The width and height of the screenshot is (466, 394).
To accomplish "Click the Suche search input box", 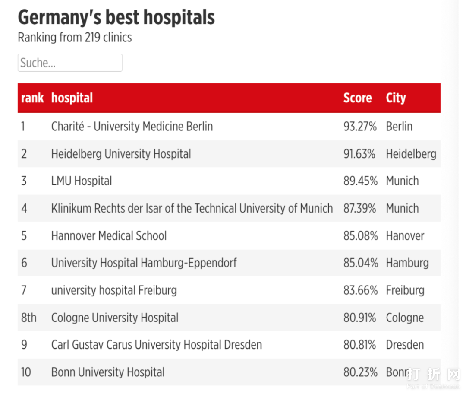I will pos(70,63).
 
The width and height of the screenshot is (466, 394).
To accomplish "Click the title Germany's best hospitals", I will pos(116,18).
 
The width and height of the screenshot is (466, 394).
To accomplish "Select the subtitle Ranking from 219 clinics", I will pos(75,38).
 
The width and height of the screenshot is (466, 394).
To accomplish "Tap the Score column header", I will pos(357,98).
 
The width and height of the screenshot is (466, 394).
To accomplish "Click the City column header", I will pos(396,98).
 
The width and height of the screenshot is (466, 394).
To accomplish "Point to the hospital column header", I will pos(72,98).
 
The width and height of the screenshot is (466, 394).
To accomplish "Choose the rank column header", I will pos(32,98).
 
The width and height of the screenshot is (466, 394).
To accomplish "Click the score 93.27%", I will pos(360,127).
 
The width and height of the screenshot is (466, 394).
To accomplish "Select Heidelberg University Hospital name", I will pos(121,154).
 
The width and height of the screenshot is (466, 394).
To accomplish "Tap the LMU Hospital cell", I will pos(82,181).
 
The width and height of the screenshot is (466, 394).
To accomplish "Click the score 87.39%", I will pos(360,208).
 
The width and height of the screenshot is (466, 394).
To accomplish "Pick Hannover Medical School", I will pos(109,236).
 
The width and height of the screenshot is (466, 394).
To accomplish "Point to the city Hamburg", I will pos(407,263).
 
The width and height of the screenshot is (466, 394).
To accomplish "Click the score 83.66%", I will pos(360,290).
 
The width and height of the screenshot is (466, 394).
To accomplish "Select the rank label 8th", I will pos(28,318).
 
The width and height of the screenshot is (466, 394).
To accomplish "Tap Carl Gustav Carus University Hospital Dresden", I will pos(156,345).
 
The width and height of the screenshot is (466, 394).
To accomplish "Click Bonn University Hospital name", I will pos(108,372).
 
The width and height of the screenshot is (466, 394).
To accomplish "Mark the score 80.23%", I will pos(360,372).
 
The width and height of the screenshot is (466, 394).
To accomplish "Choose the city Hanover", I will pos(405,236).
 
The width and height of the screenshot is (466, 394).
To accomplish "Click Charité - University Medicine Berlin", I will pos(132,127).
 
